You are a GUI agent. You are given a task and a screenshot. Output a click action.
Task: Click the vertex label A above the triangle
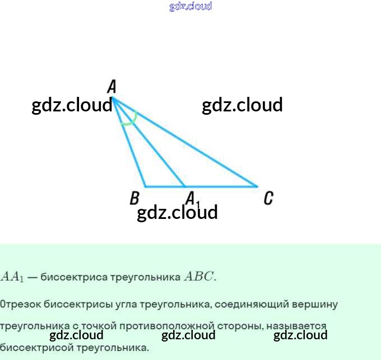[111, 86]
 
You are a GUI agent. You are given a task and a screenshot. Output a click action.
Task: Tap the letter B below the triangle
[134, 198]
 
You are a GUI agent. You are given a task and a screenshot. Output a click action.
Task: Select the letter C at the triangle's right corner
[268, 198]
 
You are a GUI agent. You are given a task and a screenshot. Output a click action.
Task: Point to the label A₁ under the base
[192, 198]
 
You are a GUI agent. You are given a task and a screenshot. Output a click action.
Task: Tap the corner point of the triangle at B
[146, 186]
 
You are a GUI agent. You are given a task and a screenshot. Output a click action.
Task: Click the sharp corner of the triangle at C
[257, 186]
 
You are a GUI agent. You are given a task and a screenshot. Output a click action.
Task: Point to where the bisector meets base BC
[185, 186]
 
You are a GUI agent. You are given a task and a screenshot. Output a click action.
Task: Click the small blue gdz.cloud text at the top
[190, 6]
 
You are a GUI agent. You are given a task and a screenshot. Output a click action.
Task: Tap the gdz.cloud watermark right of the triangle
[242, 105]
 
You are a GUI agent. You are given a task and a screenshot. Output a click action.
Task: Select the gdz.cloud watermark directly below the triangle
[177, 212]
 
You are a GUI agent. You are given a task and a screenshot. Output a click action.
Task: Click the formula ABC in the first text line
[199, 277]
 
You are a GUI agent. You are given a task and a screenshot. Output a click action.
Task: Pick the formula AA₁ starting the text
[12, 277]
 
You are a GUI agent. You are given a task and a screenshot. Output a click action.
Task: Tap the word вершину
[316, 305]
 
